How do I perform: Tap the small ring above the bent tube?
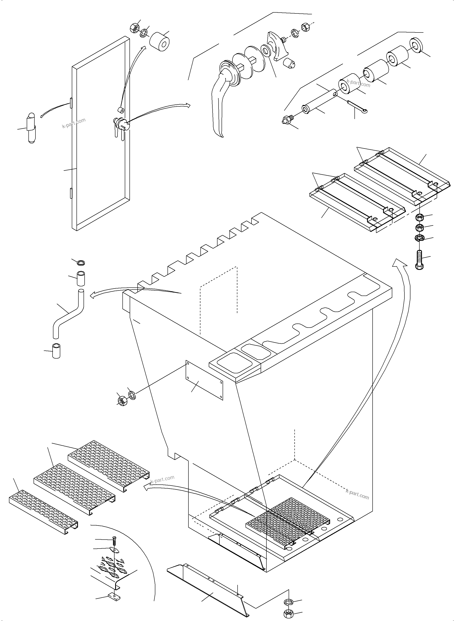[x=81, y=263]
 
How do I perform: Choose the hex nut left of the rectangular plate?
[x=121, y=401]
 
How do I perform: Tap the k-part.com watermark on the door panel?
[x=74, y=123]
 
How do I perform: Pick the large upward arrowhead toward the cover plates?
[x=399, y=263]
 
